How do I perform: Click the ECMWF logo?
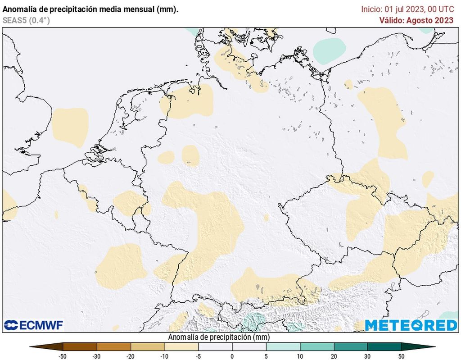coord(34,325)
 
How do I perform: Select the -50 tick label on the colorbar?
coord(63,356)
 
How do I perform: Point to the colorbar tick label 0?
coord(232,356)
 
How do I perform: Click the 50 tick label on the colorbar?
coord(401,356)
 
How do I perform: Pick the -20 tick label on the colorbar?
coord(131,356)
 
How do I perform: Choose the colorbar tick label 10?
coord(300,356)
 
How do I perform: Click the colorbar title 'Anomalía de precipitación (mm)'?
coord(219,337)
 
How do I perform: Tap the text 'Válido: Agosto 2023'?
coord(416,20)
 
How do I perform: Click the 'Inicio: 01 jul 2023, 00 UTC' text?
coord(407,9)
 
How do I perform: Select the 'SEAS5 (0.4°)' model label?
coord(26,20)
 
